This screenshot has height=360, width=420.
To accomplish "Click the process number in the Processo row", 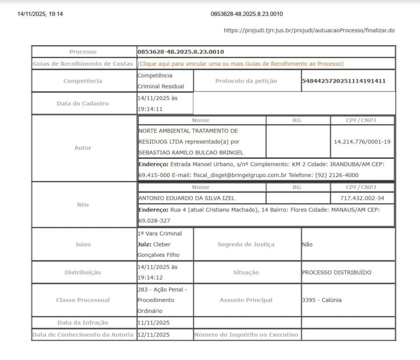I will (181, 52).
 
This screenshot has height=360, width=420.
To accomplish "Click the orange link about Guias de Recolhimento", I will (240, 64).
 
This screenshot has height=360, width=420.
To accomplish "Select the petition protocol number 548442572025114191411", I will (344, 81).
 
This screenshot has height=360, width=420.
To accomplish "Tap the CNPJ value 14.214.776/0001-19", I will (362, 141).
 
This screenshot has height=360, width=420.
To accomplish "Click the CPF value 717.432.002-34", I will (362, 198).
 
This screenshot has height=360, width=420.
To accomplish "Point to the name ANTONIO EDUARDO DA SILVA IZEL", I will (187, 198).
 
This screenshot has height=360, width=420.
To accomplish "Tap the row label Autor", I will (83, 148).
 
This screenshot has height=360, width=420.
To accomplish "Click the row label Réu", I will (83, 205).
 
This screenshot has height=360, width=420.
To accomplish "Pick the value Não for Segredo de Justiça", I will (308, 244).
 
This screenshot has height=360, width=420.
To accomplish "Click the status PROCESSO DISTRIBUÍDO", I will (337, 272).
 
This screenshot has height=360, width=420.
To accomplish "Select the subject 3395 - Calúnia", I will (322, 300).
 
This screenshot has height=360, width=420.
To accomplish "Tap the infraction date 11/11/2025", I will (154, 323).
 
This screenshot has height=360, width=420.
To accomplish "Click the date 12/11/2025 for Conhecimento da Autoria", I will (154, 335).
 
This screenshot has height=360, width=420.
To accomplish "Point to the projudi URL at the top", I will (309, 30).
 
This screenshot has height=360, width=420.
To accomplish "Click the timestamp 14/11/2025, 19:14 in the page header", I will (40, 14).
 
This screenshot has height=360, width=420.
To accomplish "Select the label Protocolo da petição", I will (246, 81).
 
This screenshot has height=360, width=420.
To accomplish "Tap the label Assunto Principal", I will (246, 300).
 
